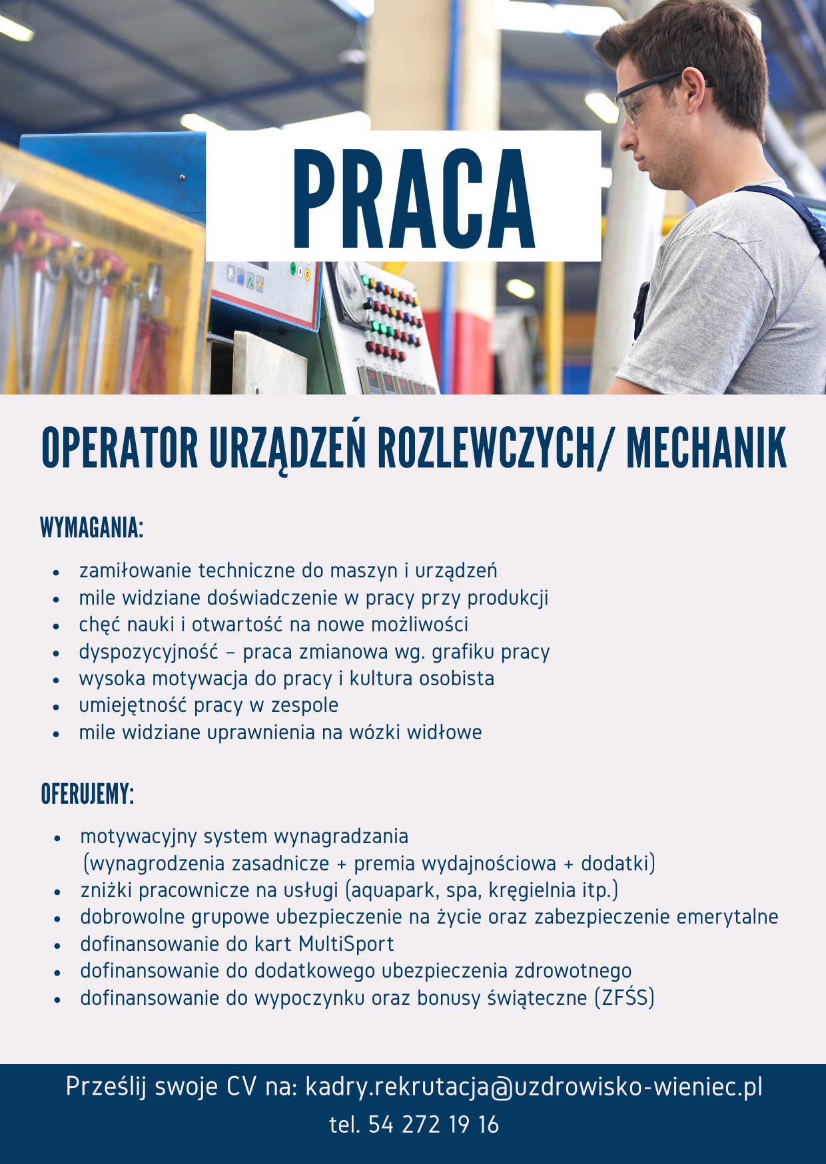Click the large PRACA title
(413, 198)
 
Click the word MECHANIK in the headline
(706, 448)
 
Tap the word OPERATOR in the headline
(120, 448)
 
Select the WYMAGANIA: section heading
(92, 527)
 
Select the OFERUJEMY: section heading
(87, 794)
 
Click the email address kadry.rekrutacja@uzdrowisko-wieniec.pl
(534, 1087)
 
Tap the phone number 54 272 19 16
(433, 1125)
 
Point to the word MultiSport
(346, 944)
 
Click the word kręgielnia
(532, 890)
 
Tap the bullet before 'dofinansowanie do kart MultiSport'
(58, 946)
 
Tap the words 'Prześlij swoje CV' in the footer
(160, 1087)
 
